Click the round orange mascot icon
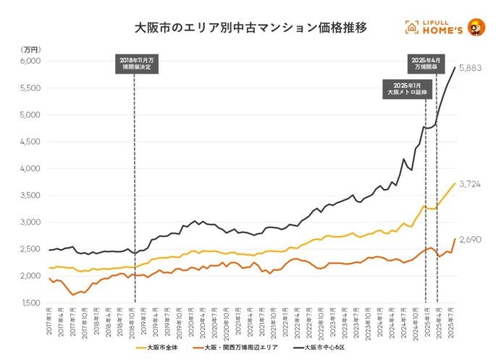click(x=476, y=28)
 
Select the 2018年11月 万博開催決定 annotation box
click(x=135, y=64)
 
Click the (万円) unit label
click(x=31, y=49)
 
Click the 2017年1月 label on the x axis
click(x=49, y=319)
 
